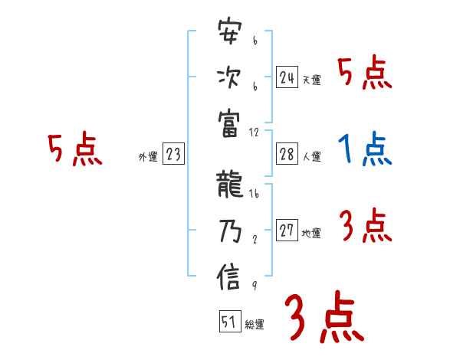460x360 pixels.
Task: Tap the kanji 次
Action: pos(229,78)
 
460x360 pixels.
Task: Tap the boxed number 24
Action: pos(287,77)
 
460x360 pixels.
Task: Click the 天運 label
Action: pos(311,80)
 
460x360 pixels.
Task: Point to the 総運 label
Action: pos(255,325)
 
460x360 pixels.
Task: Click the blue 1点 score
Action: pos(365,149)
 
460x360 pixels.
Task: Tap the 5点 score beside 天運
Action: pos(365,74)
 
